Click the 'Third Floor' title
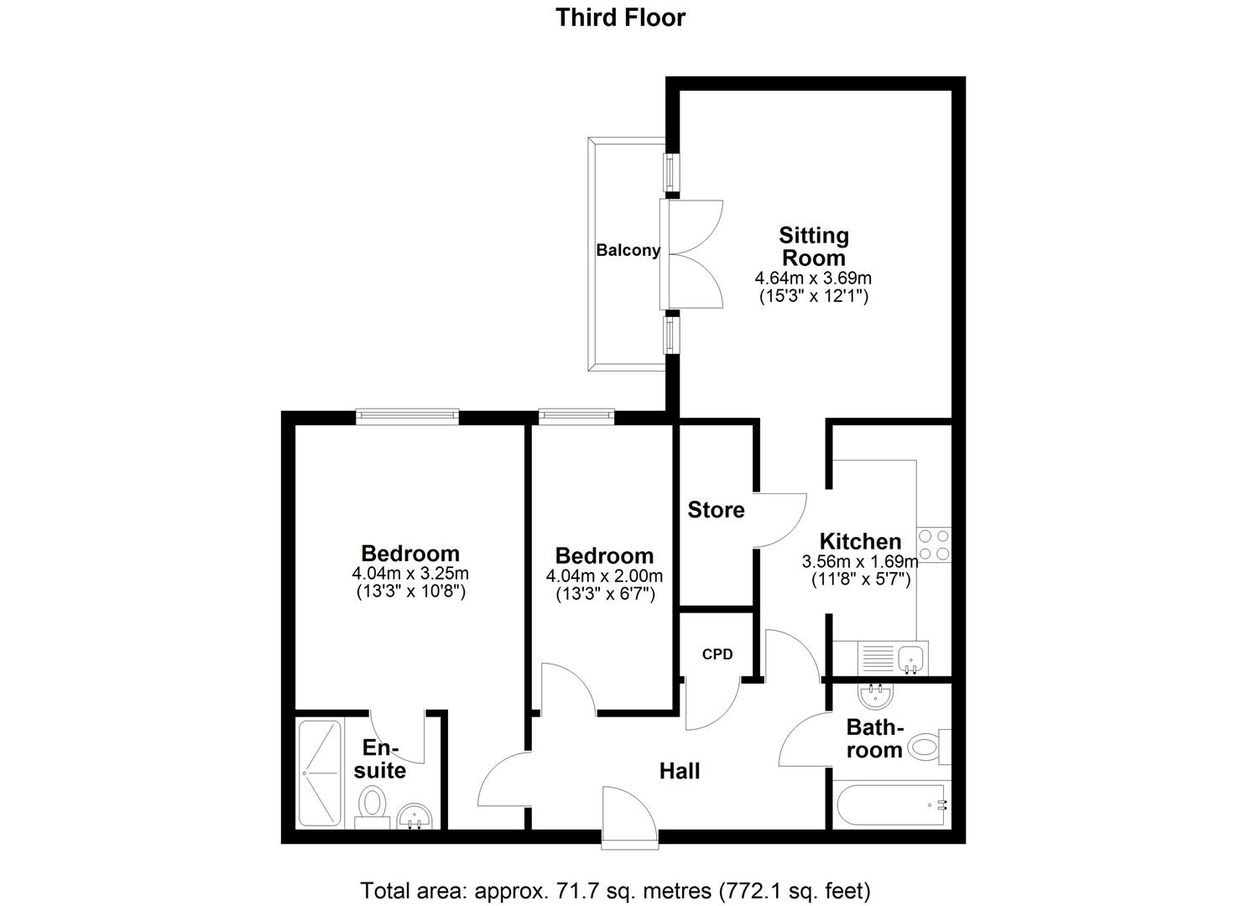(620, 17)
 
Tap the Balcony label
(628, 250)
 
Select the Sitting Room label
(813, 246)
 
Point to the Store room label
(716, 510)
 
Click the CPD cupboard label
(717, 653)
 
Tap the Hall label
(679, 770)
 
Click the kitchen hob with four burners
(934, 544)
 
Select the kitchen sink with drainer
(890, 657)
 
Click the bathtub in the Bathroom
(891, 804)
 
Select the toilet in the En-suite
(371, 804)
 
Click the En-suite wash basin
(414, 815)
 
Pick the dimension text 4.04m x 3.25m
(409, 574)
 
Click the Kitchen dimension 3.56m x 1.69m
(860, 561)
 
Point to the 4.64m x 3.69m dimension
(813, 278)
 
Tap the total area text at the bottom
(615, 889)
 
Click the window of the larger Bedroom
(407, 414)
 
